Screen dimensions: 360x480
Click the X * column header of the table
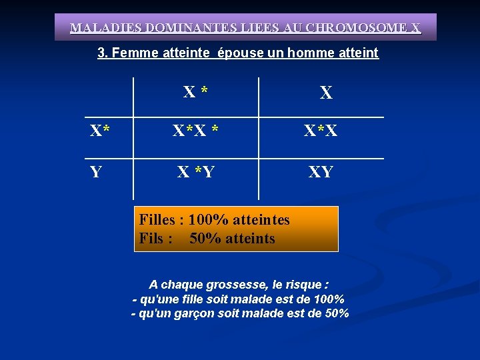click(195, 92)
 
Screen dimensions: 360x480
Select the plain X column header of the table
click(325, 93)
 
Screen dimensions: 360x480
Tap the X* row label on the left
click(100, 132)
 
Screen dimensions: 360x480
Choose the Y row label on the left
click(96, 173)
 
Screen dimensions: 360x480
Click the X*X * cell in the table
click(196, 132)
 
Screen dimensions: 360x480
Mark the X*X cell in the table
click(321, 132)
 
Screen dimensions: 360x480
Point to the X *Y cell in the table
click(195, 173)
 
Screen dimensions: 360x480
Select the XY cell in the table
click(321, 173)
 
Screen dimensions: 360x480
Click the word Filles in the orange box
click(157, 220)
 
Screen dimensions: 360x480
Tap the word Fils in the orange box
click(152, 239)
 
